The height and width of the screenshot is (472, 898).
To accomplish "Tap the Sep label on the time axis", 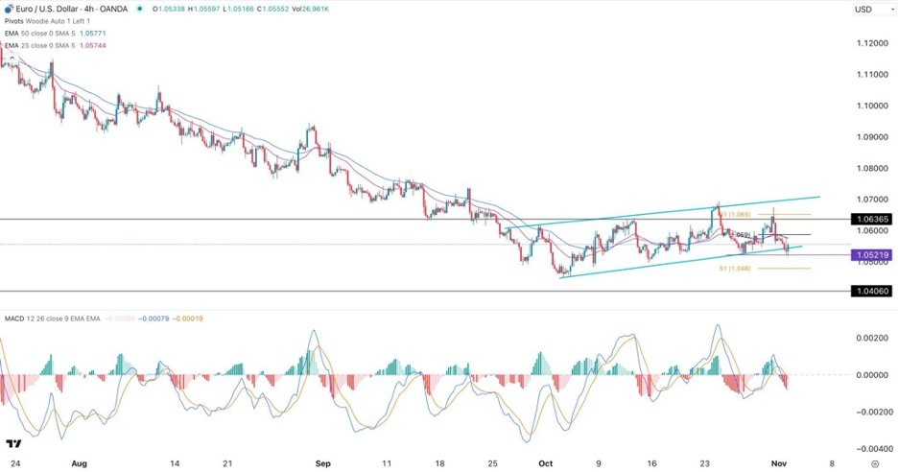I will [323, 462].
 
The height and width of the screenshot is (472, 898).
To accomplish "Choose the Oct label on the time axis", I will [545, 462].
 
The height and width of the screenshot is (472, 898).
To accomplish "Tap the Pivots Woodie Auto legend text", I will [48, 22].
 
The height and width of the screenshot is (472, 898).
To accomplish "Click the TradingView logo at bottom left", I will [14, 444].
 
